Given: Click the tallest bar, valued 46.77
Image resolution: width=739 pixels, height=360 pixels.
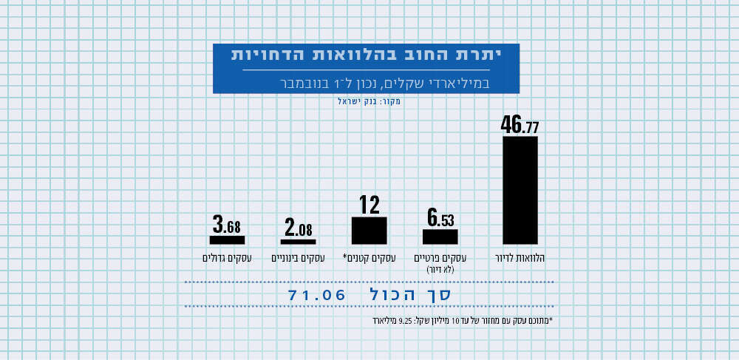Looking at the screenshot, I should [x=520, y=190].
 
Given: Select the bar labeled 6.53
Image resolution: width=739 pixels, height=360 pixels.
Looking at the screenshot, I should [x=440, y=237].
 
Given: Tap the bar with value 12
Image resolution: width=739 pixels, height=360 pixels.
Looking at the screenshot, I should [x=369, y=230].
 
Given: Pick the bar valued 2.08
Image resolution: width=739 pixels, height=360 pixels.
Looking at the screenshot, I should [x=299, y=241].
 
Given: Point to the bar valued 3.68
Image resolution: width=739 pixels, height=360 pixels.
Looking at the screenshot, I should [x=227, y=240].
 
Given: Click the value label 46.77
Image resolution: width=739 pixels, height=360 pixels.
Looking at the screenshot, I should [x=520, y=125].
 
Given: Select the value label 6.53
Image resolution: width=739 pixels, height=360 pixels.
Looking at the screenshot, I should [x=440, y=218].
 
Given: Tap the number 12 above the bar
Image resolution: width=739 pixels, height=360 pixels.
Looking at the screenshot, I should [x=369, y=205].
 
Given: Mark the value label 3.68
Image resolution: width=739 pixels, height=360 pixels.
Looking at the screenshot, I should [x=227, y=224].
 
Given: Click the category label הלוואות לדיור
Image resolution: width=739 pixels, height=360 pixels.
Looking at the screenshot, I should [x=520, y=258].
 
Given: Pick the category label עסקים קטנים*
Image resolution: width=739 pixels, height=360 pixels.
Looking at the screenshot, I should [x=369, y=258].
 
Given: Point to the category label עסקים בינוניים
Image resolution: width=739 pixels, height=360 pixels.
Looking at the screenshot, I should [x=299, y=258].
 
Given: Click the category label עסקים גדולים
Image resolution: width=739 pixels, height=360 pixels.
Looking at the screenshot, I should [x=227, y=258].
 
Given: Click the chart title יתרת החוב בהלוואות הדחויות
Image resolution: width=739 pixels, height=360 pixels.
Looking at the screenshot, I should [x=366, y=55].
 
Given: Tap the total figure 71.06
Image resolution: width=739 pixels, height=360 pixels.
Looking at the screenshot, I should [x=317, y=294].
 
